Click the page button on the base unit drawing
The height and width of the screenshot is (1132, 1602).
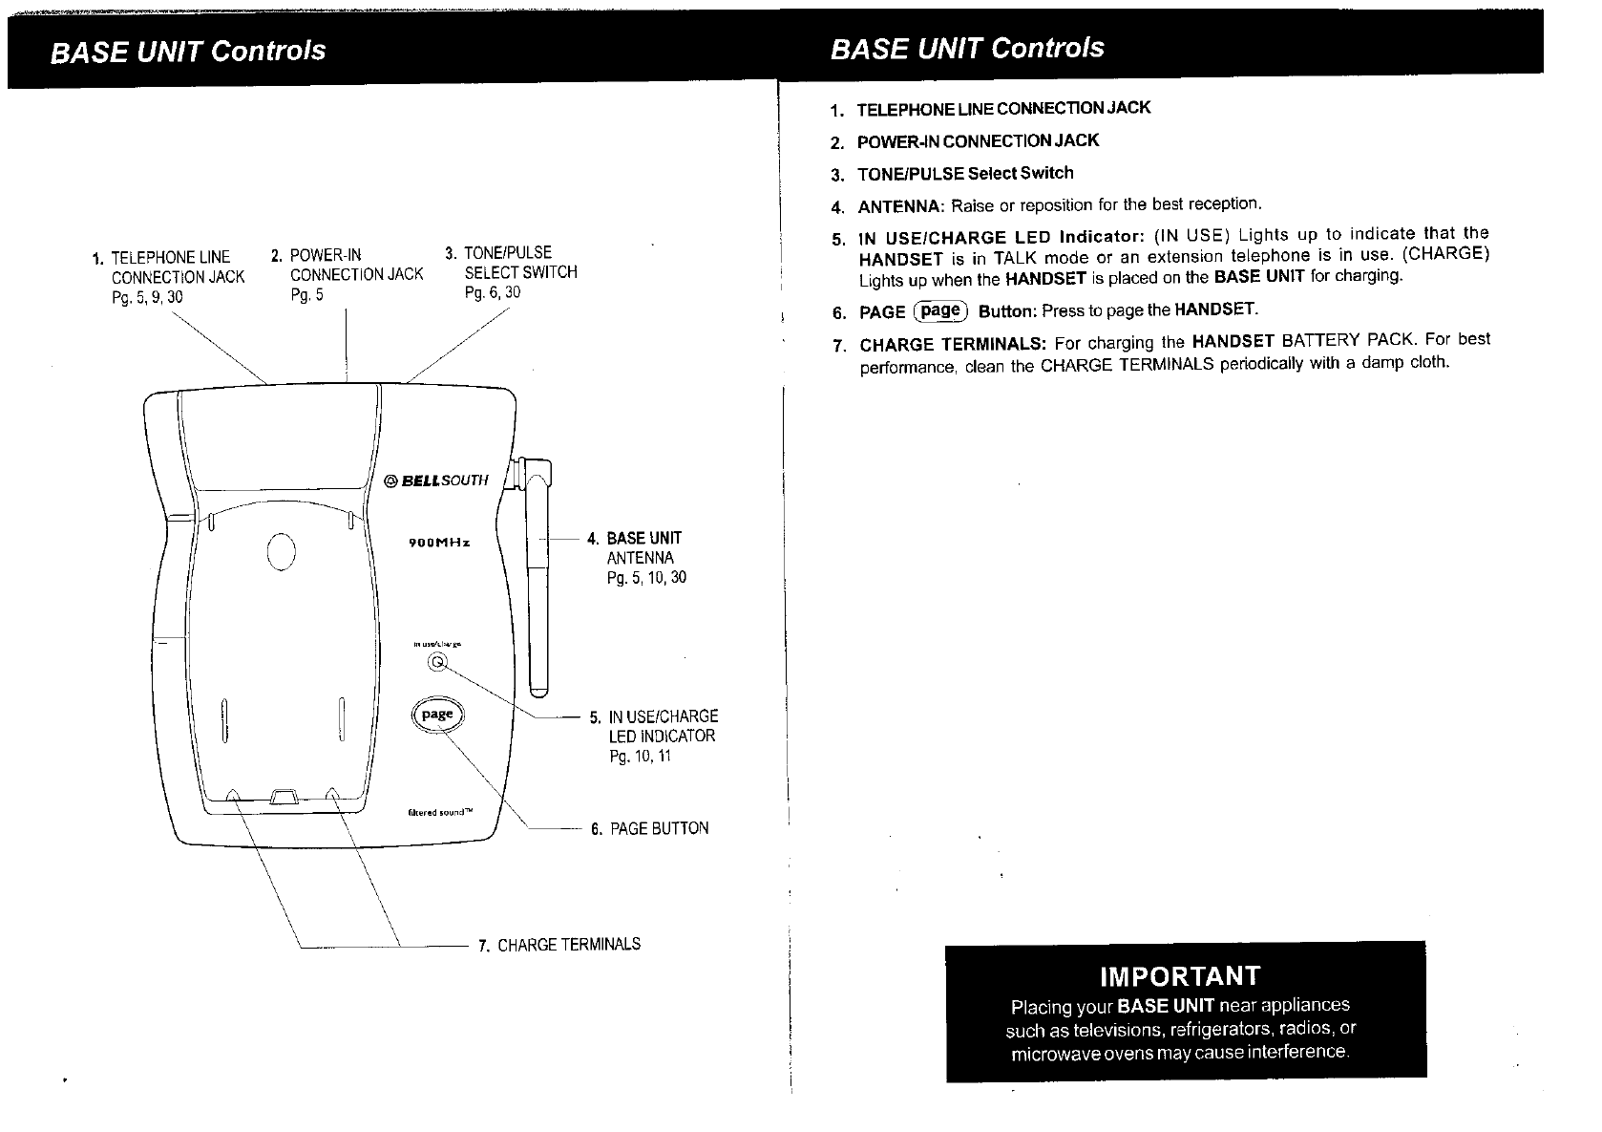coord(436,715)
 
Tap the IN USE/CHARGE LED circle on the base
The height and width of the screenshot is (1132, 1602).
coord(438,662)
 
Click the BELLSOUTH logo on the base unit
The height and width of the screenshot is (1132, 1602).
coord(436,480)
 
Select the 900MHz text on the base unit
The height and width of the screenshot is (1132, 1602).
coord(439,543)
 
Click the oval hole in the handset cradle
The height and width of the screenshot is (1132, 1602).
coord(283,551)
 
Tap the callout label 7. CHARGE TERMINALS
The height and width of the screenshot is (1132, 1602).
coord(559,945)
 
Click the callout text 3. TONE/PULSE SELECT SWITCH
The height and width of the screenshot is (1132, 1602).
coord(513,272)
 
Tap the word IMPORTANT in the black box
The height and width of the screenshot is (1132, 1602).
coord(1180,975)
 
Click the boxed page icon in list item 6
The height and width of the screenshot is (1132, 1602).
coord(940,310)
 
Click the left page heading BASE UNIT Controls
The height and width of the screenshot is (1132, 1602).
coord(188,51)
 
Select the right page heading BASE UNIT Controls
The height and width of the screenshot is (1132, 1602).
coord(967,48)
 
